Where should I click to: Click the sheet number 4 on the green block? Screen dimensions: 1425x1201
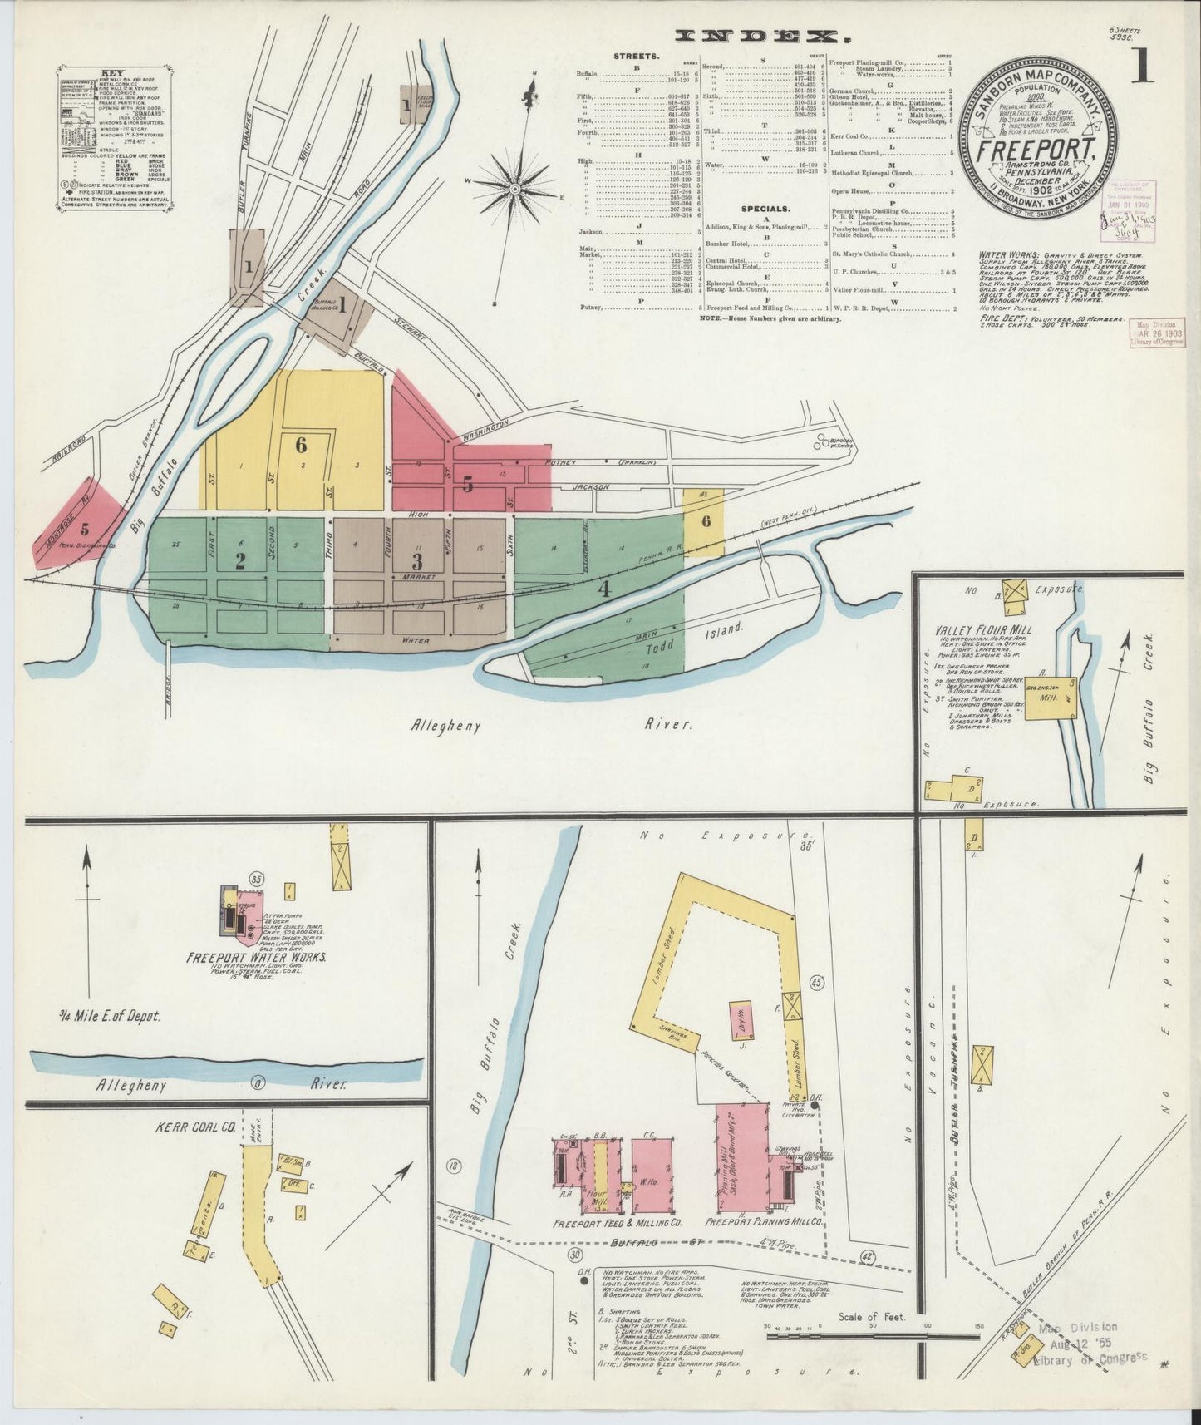coord(604,590)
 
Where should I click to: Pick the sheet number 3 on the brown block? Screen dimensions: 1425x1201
coord(416,561)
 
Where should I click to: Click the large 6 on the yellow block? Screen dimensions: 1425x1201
coord(301,445)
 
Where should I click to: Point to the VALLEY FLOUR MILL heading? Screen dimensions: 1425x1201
coord(982,630)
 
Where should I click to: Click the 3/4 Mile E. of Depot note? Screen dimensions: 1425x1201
coord(109,1015)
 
